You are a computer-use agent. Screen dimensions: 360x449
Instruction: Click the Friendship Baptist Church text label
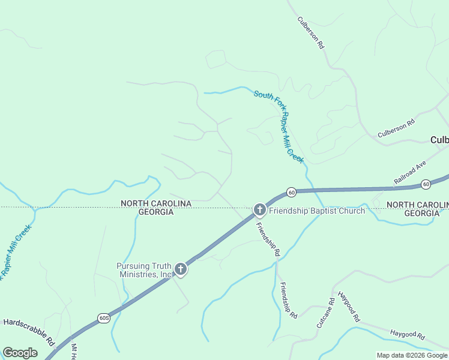pos(317,211)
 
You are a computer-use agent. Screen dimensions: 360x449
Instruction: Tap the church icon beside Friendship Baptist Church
pos(259,209)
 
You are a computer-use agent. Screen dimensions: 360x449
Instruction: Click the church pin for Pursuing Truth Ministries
pos(181,270)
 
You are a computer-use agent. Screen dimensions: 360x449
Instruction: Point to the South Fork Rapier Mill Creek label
pos(279,127)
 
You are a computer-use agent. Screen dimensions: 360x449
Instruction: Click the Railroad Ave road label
pos(409,172)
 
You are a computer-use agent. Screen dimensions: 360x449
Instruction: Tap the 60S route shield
pos(104,317)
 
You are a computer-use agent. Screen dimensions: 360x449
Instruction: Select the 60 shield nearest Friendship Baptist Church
pos(291,192)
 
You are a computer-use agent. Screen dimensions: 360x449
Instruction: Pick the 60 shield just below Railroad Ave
pos(426,184)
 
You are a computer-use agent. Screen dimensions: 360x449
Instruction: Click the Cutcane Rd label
pos(324,313)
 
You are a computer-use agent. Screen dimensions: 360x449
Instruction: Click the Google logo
pos(20,353)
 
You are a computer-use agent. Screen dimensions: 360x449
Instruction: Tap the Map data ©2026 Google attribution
pos(412,355)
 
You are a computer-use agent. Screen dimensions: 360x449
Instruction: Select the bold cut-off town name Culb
pos(439,140)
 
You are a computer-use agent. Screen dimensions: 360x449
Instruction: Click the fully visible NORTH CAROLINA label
pos(156,204)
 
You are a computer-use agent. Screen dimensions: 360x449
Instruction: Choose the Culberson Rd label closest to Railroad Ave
pos(396,128)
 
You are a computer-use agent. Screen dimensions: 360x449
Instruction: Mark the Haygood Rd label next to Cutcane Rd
pos(349,306)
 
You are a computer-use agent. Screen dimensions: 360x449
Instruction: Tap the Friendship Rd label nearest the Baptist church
pos(268,240)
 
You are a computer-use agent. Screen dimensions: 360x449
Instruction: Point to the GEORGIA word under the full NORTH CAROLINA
pos(156,212)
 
